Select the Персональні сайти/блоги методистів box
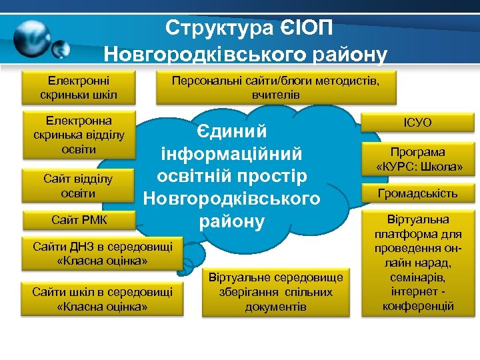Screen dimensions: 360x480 tap(275, 87)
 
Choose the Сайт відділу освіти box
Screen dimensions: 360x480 tap(79, 186)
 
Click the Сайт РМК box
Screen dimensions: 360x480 tap(79, 219)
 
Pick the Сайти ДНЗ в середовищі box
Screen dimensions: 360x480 tap(103, 253)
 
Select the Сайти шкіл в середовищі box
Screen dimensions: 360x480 tap(103, 298)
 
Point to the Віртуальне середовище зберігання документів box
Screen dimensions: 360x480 tap(275, 292)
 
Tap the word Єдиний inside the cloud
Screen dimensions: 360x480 tap(231, 131)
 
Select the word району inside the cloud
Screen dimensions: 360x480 tap(231, 221)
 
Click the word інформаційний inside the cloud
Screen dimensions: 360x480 tap(231, 154)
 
